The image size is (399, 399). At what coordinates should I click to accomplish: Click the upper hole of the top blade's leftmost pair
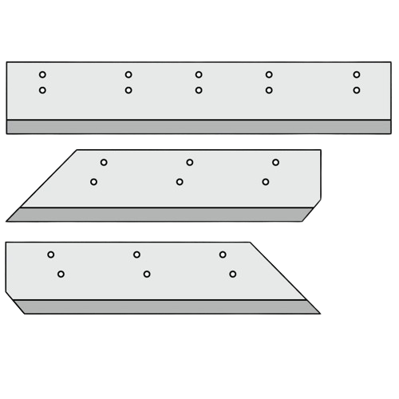point(42,75)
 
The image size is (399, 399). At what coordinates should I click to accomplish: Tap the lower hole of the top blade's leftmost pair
point(42,90)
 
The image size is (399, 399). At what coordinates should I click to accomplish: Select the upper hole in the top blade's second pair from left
point(128,75)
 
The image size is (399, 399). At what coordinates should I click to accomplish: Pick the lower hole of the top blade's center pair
point(199,90)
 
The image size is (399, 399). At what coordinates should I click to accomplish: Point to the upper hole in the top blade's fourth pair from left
point(269,75)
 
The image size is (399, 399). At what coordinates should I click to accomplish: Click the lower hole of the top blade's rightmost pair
point(356,90)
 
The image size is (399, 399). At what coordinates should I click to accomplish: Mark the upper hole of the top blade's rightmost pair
point(356,75)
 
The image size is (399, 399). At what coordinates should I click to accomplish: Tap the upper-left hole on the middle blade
point(104,163)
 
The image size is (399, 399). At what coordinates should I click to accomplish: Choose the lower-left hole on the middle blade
point(94,182)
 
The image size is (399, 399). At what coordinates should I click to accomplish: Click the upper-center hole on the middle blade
point(190,163)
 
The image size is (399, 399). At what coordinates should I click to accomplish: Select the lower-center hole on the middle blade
point(180,182)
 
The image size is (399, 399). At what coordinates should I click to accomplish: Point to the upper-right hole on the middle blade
point(275,163)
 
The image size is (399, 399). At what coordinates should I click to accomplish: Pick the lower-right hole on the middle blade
point(266,182)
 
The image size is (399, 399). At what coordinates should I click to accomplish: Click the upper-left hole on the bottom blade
point(51,255)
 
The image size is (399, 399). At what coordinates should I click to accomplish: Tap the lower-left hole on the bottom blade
point(61,275)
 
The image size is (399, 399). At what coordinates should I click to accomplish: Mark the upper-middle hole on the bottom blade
point(136,255)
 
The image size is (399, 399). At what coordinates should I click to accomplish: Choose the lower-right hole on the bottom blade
point(233,275)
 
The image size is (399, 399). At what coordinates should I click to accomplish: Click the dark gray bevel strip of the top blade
point(199,127)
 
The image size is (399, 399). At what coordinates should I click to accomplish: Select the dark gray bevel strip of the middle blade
point(160,215)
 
